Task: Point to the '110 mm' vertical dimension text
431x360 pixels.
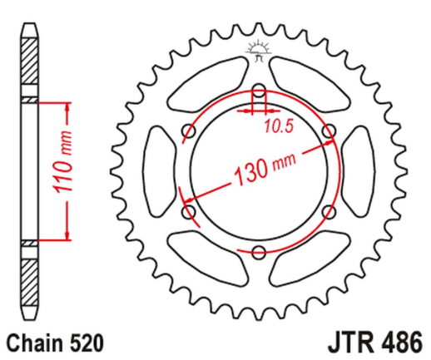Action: (x=72, y=171)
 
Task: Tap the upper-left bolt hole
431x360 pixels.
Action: (x=187, y=131)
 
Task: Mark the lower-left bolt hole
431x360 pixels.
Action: (x=188, y=212)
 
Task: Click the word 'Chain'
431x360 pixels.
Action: (x=32, y=342)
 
